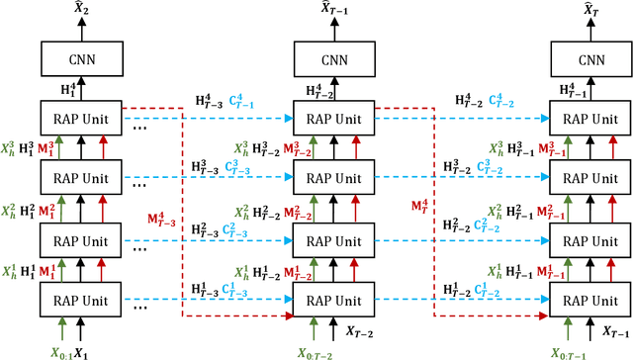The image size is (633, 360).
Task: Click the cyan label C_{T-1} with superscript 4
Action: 239,102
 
